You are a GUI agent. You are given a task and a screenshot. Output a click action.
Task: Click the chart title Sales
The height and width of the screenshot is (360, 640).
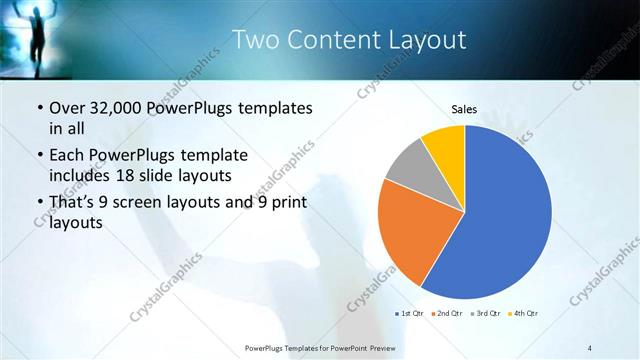click(464, 108)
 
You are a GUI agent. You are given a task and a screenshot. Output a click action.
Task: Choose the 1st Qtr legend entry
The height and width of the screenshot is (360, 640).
click(411, 314)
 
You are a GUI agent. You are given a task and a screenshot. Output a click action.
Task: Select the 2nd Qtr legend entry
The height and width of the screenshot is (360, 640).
click(447, 314)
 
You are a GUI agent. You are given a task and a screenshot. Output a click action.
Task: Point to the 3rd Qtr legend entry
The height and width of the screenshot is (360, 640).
click(484, 314)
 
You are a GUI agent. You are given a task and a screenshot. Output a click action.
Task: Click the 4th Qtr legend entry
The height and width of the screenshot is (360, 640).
click(522, 314)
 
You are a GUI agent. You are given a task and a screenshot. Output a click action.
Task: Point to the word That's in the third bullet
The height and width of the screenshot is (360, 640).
click(74, 203)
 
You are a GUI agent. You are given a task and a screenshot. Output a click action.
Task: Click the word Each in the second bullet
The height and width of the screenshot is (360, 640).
click(68, 155)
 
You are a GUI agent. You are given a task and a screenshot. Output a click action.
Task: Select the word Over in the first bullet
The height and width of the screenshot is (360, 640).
click(68, 107)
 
